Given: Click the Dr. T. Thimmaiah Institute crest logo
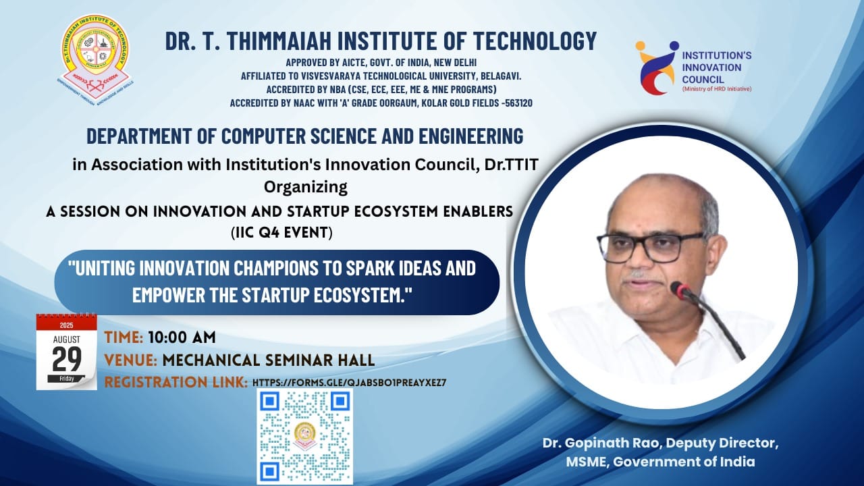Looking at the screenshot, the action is [x=94, y=60].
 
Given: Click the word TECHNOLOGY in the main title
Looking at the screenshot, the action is [x=535, y=41].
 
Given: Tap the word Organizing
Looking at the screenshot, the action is [x=306, y=188].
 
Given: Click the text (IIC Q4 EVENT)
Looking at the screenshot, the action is [x=281, y=233].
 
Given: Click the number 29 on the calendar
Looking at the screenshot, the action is [x=67, y=359].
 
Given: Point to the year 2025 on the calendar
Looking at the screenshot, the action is [x=66, y=325].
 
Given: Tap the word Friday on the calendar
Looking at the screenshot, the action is [x=66, y=379].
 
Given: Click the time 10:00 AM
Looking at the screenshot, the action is [x=182, y=337].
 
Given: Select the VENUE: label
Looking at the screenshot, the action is [x=131, y=360].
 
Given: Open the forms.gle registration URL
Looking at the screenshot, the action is [x=349, y=383].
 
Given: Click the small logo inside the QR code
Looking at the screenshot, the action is [x=304, y=436].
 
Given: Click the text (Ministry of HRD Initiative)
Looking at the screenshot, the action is [x=717, y=89].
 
